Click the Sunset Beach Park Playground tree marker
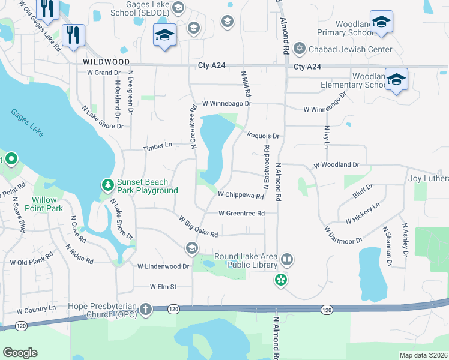(107, 185)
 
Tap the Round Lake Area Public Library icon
(287, 260)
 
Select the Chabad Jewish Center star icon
(299, 49)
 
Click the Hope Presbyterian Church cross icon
(145, 310)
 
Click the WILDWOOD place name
(106, 62)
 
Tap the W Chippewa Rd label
(241, 195)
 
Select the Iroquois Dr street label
(263, 136)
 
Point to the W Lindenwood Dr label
(163, 266)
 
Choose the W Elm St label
(163, 287)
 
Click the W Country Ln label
(36, 310)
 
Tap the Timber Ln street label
(157, 146)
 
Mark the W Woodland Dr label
(336, 164)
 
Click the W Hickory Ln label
(363, 213)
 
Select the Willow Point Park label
(45, 204)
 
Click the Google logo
(20, 352)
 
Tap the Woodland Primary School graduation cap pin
(381, 23)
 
